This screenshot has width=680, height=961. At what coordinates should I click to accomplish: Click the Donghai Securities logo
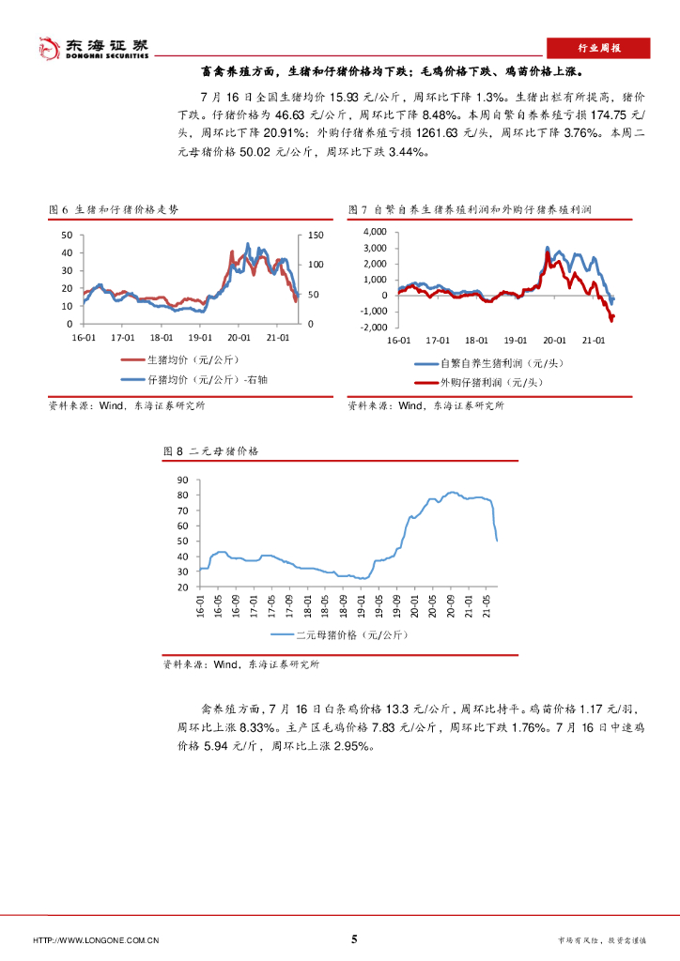click(x=92, y=47)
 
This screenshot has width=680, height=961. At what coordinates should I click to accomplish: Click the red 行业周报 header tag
click(x=597, y=48)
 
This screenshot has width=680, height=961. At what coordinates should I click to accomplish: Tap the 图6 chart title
click(x=113, y=209)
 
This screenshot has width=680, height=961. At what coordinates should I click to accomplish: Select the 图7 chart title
click(x=473, y=209)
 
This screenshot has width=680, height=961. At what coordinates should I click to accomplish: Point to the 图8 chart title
click(x=211, y=451)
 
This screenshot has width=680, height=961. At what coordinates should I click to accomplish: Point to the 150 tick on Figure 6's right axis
click(x=315, y=235)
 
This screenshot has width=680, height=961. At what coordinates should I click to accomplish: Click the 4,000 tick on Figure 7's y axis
click(x=375, y=231)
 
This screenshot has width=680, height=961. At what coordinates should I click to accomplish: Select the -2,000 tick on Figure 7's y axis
click(x=373, y=328)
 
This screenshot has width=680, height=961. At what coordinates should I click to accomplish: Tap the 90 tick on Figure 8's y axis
click(x=184, y=480)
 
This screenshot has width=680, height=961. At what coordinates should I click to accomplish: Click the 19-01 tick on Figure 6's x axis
click(x=200, y=336)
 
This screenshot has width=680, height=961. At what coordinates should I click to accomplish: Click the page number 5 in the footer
click(x=354, y=938)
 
